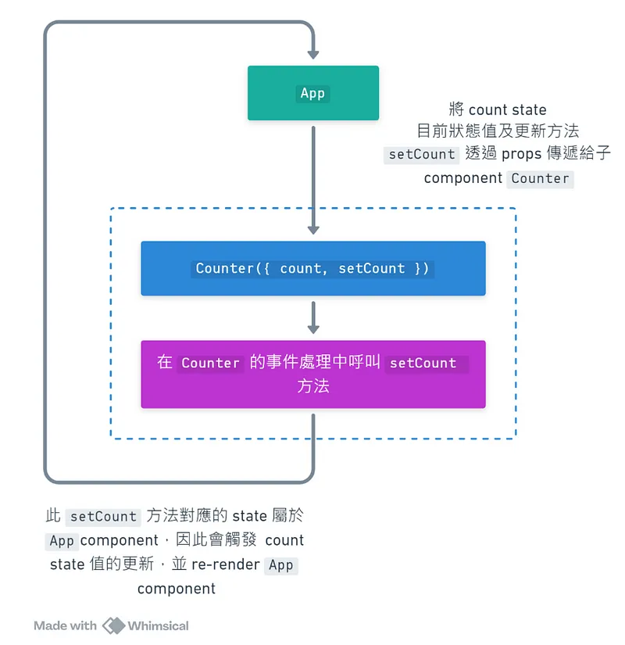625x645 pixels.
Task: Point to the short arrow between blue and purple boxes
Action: pyautogui.click(x=313, y=318)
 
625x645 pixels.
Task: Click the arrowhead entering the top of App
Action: pyautogui.click(x=313, y=54)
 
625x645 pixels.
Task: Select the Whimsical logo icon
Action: pyautogui.click(x=113, y=625)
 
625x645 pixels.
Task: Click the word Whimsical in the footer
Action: pyautogui.click(x=158, y=625)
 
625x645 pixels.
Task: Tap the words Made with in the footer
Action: pyautogui.click(x=66, y=625)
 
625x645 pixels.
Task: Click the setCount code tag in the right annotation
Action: pyautogui.click(x=422, y=154)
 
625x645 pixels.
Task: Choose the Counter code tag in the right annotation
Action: pyautogui.click(x=540, y=178)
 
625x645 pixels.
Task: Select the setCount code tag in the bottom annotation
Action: pyautogui.click(x=103, y=517)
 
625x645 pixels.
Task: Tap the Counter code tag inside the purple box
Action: pyautogui.click(x=210, y=363)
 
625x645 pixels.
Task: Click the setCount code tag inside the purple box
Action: pyautogui.click(x=423, y=363)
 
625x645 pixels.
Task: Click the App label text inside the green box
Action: pyautogui.click(x=312, y=93)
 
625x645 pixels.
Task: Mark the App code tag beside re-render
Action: pyautogui.click(x=280, y=564)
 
